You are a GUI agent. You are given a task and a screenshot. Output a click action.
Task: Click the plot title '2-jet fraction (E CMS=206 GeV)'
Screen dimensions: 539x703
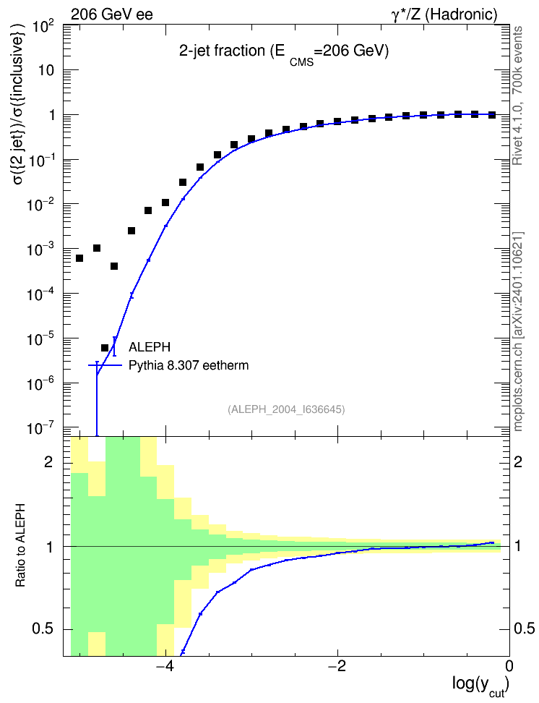[x=284, y=53]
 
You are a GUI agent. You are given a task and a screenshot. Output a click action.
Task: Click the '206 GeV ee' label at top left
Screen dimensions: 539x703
[x=111, y=14]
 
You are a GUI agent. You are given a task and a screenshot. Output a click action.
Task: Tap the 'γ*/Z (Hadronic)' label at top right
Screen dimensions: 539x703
[x=444, y=14]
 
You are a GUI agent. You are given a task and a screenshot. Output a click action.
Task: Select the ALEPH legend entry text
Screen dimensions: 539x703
[x=149, y=347]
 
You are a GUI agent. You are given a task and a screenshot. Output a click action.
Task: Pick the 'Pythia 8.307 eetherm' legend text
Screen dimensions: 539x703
[x=189, y=365]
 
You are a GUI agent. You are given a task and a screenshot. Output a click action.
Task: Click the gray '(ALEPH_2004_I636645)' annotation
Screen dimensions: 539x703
[x=286, y=409]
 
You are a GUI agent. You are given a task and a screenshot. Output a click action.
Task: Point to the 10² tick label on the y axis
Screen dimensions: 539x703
[x=44, y=27]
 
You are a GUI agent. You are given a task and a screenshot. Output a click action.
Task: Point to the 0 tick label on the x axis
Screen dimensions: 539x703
[x=509, y=666]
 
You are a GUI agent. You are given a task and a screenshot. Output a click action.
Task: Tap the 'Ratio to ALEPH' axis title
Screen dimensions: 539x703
[x=20, y=545]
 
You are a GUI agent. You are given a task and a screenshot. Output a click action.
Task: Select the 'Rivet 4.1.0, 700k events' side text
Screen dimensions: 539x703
[x=517, y=95]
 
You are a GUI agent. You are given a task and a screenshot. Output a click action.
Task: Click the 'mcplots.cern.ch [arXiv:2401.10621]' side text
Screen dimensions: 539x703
[x=518, y=332]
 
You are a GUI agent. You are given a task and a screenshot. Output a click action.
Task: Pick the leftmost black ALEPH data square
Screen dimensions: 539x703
[x=79, y=258]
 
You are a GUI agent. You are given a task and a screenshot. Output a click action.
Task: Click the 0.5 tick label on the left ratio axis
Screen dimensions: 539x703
[x=43, y=629]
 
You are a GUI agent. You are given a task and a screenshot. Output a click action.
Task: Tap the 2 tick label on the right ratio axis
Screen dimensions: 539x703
[x=518, y=461]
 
